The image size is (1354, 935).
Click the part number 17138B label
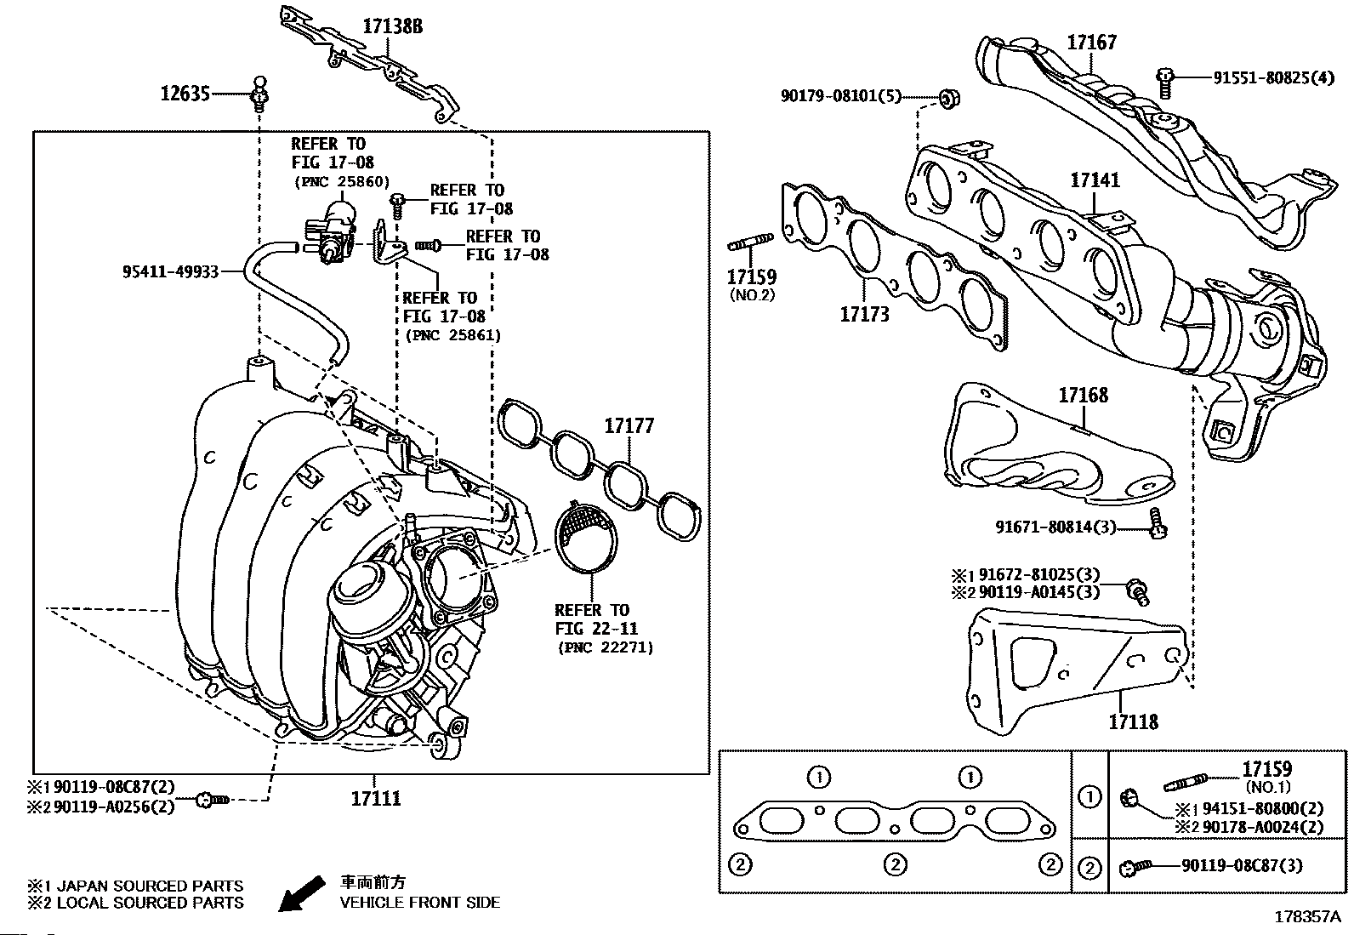392,26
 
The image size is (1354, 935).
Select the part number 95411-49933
170,271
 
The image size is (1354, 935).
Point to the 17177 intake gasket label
629,425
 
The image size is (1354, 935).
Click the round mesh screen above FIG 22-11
586,536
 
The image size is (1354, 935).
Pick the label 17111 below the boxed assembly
376,798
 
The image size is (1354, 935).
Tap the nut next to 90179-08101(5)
950,98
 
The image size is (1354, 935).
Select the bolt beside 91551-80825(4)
1165,83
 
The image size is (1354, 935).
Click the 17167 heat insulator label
1092,43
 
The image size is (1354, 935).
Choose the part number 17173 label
864,315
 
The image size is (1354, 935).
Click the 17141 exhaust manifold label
1095,180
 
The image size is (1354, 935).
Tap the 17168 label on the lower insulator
1084,396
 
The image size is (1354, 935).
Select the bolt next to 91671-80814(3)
1157,524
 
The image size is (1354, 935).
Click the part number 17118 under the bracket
1134,721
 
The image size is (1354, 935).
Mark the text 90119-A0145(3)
1039,592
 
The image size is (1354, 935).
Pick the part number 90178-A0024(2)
1263,827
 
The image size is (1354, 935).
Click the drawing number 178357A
1307,917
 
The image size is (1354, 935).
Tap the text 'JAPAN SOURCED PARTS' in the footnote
150,886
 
